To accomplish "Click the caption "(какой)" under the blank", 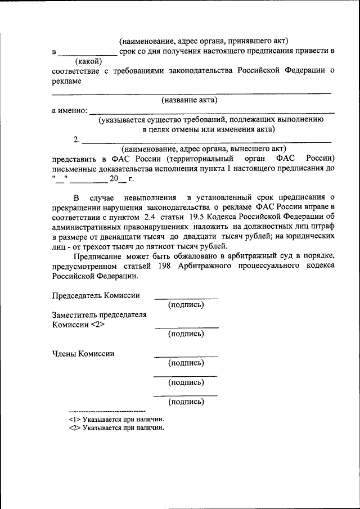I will [88, 61].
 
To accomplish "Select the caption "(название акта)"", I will [190, 100].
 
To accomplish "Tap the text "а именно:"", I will [69, 110].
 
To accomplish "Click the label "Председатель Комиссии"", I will [96, 295].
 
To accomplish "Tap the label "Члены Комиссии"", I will [83, 353].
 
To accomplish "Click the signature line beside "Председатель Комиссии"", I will [186, 299].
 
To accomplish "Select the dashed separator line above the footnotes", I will [107, 412].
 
